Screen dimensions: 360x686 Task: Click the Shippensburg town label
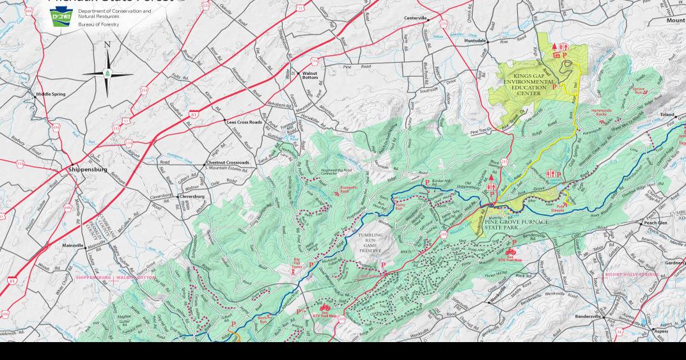(x=88, y=170)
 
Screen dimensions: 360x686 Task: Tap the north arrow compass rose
(x=107, y=74)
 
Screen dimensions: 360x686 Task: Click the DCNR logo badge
(x=62, y=18)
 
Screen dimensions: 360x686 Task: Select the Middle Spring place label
(x=51, y=94)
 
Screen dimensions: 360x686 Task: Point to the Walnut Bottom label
(x=310, y=75)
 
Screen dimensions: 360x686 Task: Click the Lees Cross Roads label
(x=244, y=121)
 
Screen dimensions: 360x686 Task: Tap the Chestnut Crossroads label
(x=228, y=163)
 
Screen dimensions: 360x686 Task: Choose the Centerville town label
(x=419, y=19)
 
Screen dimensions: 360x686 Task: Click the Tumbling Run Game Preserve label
(x=370, y=243)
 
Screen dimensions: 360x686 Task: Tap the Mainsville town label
(x=73, y=246)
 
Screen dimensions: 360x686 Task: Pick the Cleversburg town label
(x=191, y=196)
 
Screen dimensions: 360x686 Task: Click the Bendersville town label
(x=588, y=317)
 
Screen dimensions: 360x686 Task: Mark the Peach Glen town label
(x=655, y=223)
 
